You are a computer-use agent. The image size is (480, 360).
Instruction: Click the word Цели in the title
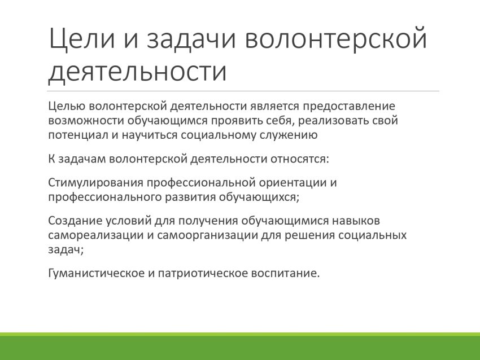[82, 38]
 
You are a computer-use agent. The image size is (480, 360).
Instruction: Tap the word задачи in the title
[191, 39]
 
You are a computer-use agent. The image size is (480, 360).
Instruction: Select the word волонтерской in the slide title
[336, 38]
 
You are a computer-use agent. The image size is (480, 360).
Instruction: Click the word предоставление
[349, 107]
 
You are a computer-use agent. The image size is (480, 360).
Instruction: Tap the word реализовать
[333, 121]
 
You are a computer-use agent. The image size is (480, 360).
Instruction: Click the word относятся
[299, 159]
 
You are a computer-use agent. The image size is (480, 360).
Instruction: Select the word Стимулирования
[96, 183]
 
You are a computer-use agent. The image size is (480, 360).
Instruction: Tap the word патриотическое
[203, 273]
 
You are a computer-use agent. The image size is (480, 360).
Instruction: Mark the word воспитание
[285, 273]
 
